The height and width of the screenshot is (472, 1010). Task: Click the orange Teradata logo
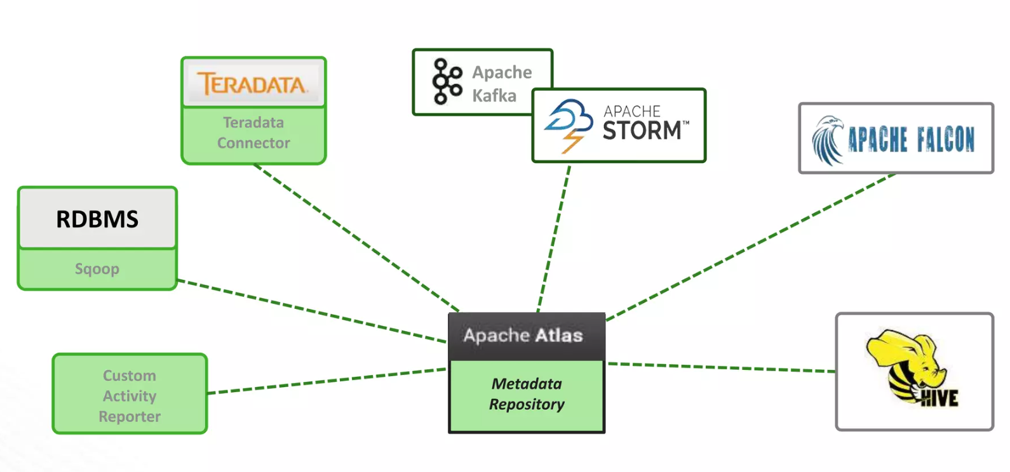pos(252,84)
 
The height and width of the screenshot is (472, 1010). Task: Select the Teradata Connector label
pos(253,133)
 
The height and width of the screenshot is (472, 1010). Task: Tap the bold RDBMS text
pos(97,219)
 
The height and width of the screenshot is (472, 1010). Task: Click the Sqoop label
pos(97,269)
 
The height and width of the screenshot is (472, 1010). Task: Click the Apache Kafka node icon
pos(447,81)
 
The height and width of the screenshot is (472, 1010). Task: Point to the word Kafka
pos(494,96)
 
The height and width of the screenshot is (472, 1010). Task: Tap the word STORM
pos(642,131)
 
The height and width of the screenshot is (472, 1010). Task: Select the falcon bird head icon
pos(828,140)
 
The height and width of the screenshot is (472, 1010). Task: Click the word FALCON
pos(945,140)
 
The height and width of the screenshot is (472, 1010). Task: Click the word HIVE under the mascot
pos(939,398)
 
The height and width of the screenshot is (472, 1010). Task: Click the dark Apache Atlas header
pos(526,336)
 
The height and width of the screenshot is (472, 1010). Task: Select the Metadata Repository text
pos(527,394)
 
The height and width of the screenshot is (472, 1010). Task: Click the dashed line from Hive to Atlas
pos(721,367)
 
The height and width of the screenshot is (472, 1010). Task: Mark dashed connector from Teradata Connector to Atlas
pos(356,237)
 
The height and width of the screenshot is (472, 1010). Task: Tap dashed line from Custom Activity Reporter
pos(327,381)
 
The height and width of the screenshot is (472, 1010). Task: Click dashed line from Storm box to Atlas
pos(553,239)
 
